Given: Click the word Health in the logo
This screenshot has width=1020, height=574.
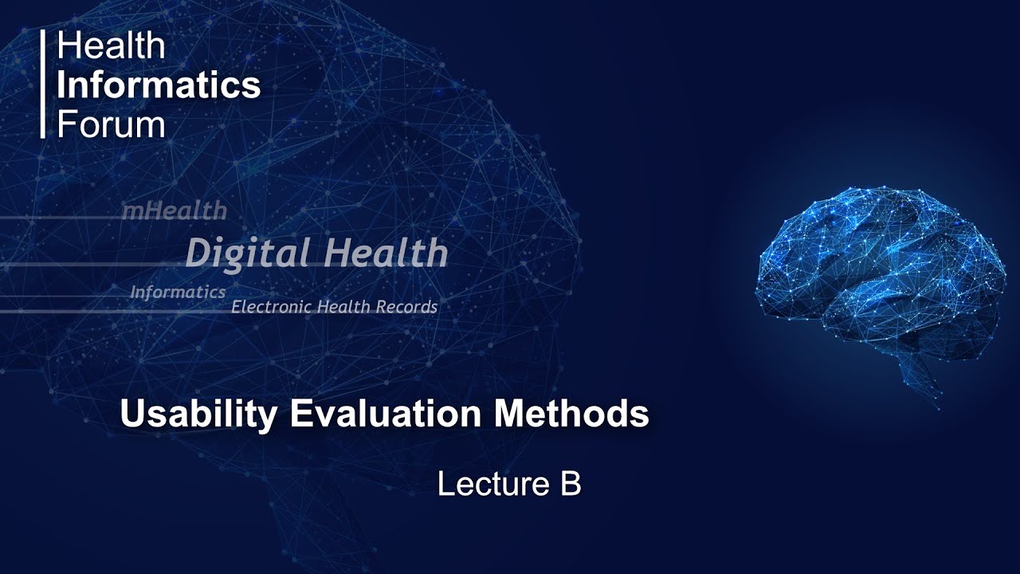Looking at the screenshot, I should pos(111,46).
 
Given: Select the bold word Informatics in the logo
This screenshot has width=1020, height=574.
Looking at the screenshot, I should pos(159,85).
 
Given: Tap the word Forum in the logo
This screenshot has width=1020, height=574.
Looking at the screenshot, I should pos(111,124).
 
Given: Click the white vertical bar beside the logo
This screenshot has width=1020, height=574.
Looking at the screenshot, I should pos(43,85).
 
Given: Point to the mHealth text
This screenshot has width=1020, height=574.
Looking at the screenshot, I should pos(174,211).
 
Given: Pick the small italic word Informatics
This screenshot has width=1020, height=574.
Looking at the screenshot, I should pos(178,293).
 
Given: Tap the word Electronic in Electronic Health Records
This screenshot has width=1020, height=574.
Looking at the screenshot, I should pos(271,307).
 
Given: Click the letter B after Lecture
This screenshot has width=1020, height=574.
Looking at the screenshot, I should pos(571,484).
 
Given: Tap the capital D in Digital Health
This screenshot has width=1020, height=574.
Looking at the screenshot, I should pos(198,254).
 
